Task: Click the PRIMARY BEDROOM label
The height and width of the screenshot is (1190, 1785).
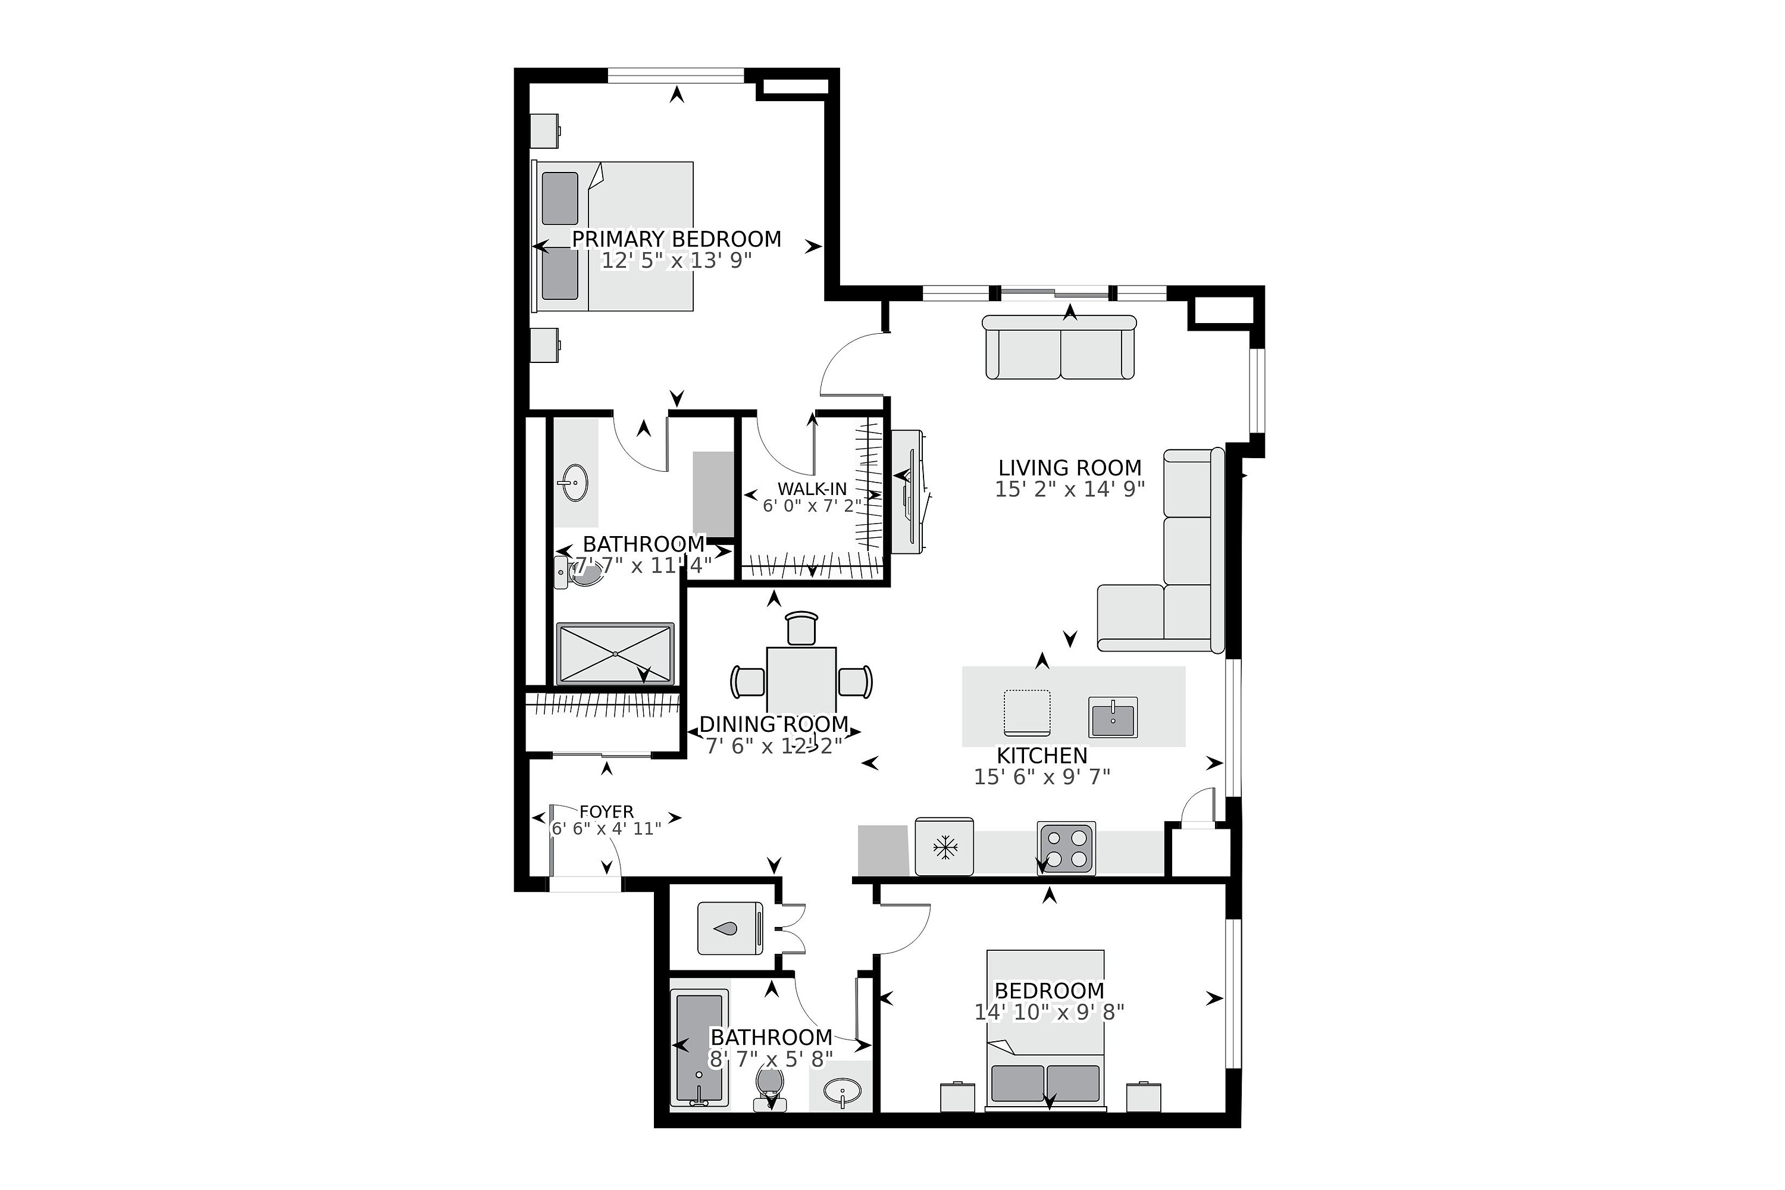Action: pyautogui.click(x=676, y=239)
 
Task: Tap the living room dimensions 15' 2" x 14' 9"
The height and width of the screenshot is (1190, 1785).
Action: pyautogui.click(x=1069, y=490)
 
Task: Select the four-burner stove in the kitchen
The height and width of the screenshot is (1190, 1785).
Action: pyautogui.click(x=1066, y=848)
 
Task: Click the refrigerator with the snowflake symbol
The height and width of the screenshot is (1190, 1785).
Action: pyautogui.click(x=944, y=847)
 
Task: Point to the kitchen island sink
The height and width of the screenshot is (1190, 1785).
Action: pyautogui.click(x=1113, y=717)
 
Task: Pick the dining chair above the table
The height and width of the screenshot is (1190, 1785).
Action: pyautogui.click(x=801, y=628)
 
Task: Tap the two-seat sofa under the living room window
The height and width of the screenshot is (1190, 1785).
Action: pyautogui.click(x=1060, y=348)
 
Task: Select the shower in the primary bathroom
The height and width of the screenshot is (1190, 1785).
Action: pyautogui.click(x=615, y=653)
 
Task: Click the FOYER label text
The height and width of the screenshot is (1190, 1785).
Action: pyautogui.click(x=606, y=812)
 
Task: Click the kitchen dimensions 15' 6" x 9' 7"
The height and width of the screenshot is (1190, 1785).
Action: pyautogui.click(x=1041, y=776)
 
